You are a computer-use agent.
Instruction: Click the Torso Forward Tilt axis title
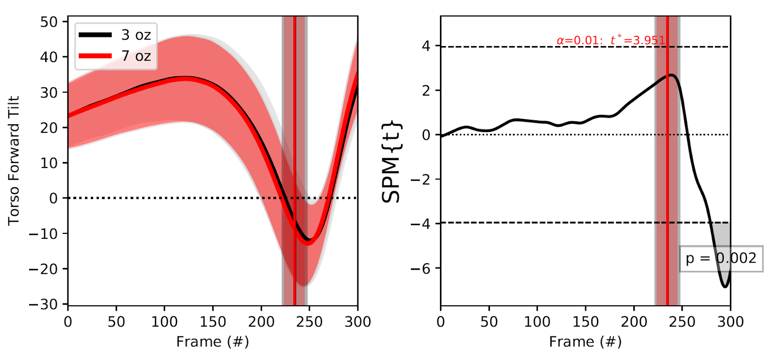tap(14, 160)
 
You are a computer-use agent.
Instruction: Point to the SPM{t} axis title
tap(391, 161)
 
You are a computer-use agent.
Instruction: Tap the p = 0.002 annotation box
tap(721, 258)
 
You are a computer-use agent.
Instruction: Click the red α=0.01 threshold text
tap(610, 40)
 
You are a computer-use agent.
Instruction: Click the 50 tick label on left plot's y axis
tap(49, 22)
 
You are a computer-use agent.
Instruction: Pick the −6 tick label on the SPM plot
tap(421, 268)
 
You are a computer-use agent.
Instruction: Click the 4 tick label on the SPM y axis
tap(426, 46)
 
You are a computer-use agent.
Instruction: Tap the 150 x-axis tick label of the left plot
tap(213, 322)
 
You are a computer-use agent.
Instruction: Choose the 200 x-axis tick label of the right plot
tap(634, 322)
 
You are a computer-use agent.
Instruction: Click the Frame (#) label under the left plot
tap(213, 342)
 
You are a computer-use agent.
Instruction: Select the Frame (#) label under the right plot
tap(585, 342)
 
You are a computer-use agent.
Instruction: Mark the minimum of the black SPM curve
tap(726, 286)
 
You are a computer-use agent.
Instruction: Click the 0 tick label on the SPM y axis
tap(426, 135)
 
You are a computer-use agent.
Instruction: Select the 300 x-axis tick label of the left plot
tap(358, 322)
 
